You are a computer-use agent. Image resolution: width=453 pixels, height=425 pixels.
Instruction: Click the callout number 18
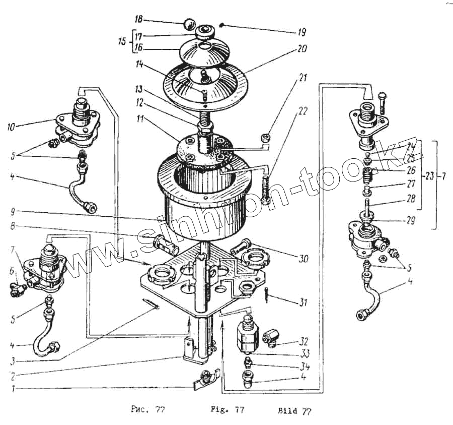click(x=138, y=19)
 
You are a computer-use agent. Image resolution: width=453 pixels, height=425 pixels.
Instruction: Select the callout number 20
click(x=301, y=49)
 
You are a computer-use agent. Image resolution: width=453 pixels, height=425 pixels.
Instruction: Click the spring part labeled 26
click(x=369, y=177)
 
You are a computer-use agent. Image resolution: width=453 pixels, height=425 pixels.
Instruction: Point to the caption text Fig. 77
click(x=226, y=410)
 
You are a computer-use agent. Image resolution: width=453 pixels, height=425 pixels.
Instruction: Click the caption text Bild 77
click(x=294, y=411)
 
